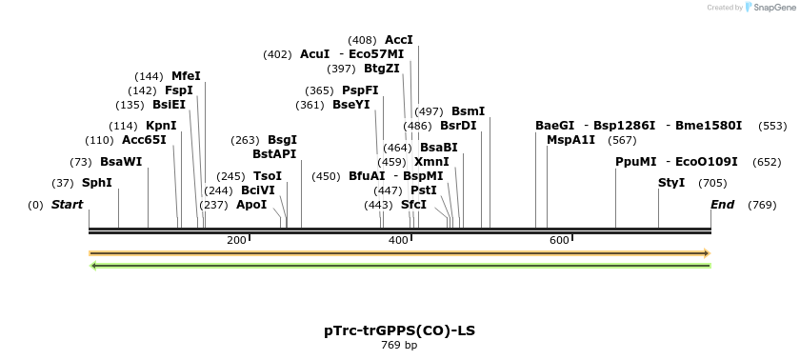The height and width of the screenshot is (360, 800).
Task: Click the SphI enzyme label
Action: [96, 183]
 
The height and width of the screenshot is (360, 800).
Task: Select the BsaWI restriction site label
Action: [121, 162]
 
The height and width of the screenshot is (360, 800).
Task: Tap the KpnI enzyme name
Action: [161, 126]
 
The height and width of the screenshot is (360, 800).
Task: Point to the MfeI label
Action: [186, 76]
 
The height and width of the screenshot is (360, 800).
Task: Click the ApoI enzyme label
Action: [251, 205]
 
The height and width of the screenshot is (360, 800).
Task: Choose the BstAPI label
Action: [274, 154]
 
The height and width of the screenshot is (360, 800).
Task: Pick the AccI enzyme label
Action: [398, 40]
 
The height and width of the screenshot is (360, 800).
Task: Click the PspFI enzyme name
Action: [360, 90]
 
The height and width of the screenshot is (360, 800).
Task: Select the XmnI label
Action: [431, 162]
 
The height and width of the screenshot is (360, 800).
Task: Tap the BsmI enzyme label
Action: [468, 111]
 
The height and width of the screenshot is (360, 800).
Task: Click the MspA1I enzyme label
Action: [570, 140]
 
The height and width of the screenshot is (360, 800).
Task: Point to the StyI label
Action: [671, 183]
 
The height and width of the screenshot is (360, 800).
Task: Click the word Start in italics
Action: [67, 205]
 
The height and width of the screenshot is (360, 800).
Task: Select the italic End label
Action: [723, 205]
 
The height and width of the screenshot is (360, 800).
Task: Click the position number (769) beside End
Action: [762, 205]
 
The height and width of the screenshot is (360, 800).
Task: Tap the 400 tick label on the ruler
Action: [398, 241]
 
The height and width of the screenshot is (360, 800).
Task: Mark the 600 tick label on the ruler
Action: [559, 241]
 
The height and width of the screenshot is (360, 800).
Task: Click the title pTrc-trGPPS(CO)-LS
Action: [399, 330]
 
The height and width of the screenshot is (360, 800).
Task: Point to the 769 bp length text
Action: [399, 345]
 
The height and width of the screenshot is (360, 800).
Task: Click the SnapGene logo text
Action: [771, 8]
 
